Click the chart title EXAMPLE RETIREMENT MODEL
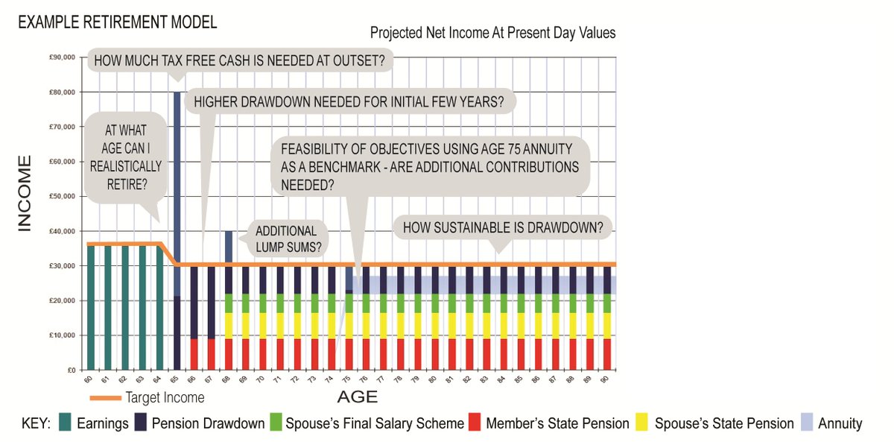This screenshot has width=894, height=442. pyautogui.click(x=117, y=22)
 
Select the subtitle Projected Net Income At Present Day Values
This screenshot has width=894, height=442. pyautogui.click(x=492, y=34)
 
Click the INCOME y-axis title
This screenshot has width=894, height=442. pyautogui.click(x=24, y=194)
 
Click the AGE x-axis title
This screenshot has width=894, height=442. pyautogui.click(x=357, y=396)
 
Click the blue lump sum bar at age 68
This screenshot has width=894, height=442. pyautogui.click(x=229, y=246)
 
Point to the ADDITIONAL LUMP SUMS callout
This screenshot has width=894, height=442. pyautogui.click(x=287, y=239)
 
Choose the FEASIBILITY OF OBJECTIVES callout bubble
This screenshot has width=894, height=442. pyautogui.click(x=430, y=166)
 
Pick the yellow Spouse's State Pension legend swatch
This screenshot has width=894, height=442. pyautogui.click(x=642, y=423)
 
